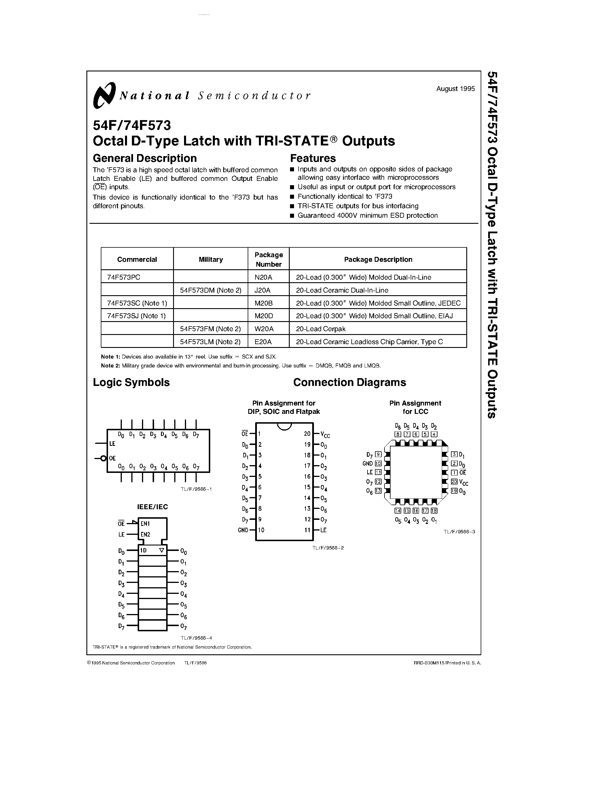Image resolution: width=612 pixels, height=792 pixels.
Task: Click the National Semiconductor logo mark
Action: [x=104, y=95]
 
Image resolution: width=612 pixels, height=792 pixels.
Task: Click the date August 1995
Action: [x=455, y=89]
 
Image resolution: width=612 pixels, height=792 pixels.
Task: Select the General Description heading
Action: [x=145, y=158]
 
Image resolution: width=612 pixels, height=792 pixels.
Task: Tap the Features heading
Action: [x=312, y=158]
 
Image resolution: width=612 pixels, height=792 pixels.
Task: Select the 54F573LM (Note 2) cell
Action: [x=210, y=342]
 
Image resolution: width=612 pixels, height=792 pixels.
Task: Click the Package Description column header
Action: [x=378, y=259]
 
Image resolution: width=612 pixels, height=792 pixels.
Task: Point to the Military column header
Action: [x=211, y=259]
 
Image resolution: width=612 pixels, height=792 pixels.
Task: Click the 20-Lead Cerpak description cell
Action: [x=321, y=329]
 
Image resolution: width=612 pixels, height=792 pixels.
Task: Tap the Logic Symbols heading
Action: [x=131, y=382]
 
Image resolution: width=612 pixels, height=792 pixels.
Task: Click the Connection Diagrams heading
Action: [x=350, y=382]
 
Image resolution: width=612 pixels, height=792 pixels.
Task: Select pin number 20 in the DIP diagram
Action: [x=307, y=434]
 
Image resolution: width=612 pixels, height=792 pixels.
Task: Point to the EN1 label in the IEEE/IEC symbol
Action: [x=145, y=524]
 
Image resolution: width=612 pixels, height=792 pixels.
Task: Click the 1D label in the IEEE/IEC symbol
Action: [x=144, y=550]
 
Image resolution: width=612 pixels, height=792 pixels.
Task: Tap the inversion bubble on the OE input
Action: [x=103, y=458]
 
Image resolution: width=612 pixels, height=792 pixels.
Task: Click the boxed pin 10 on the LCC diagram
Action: [x=378, y=463]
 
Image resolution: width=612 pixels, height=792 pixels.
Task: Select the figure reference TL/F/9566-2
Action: [x=328, y=547]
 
